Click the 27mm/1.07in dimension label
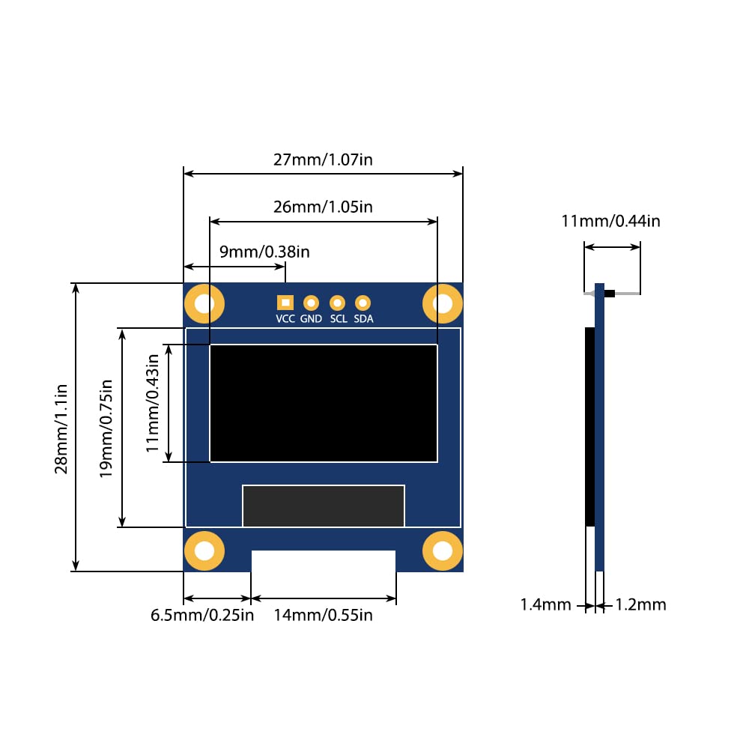(x=323, y=160)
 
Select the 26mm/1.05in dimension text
(x=323, y=207)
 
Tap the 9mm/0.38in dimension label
(x=264, y=252)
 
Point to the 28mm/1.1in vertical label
(x=61, y=428)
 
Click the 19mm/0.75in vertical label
(x=106, y=428)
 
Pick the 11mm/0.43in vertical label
(x=153, y=403)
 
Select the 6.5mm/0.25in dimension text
(x=202, y=616)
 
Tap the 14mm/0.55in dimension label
(x=323, y=616)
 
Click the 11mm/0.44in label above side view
(x=610, y=221)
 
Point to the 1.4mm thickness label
(x=546, y=604)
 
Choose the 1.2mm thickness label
(x=640, y=604)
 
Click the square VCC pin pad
(x=285, y=303)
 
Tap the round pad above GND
(x=311, y=303)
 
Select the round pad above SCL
(x=337, y=303)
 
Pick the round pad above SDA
(x=363, y=303)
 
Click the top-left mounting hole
(x=204, y=303)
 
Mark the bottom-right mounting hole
(x=443, y=551)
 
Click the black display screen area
(x=323, y=403)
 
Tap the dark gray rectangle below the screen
(x=323, y=506)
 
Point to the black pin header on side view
(x=609, y=294)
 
